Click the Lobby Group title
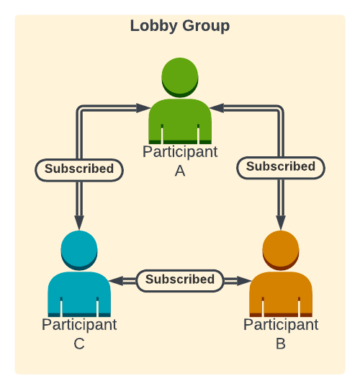coord(180,27)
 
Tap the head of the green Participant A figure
coord(180,76)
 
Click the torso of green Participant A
coord(180,122)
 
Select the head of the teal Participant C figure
coord(79,249)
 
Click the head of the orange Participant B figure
coord(281,249)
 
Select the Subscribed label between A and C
coord(79,169)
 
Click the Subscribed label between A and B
coord(281,167)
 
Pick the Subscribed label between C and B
coord(180,280)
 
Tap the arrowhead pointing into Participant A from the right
coord(217,108)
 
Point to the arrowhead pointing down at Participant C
coord(79,223)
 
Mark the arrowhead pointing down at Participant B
coord(281,223)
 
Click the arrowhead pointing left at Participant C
coord(117,280)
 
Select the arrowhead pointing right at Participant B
coord(243,280)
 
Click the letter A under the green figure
coord(180,171)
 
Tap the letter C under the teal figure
coord(79,344)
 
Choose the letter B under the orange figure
coord(281,344)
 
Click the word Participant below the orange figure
coord(281,325)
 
